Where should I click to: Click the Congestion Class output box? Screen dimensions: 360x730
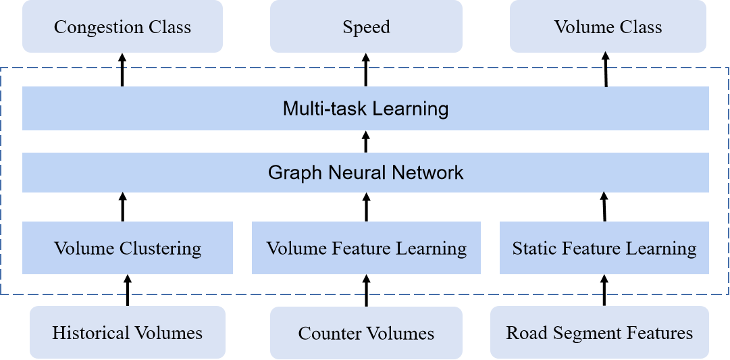click(x=122, y=27)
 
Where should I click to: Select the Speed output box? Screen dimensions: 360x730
click(x=366, y=27)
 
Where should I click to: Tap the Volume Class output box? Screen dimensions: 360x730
click(x=608, y=27)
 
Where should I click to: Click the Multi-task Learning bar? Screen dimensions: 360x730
click(x=365, y=108)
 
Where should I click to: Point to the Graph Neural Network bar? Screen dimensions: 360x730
click(x=365, y=172)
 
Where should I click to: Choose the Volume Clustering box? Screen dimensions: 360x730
click(x=128, y=248)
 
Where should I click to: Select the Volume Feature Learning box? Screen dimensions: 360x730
click(x=366, y=248)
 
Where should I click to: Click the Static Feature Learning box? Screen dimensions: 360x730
click(x=604, y=248)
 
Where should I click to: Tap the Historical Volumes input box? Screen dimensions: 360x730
click(x=127, y=332)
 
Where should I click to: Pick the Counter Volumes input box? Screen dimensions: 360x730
click(x=366, y=333)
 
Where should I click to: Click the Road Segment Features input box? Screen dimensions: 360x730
click(x=600, y=332)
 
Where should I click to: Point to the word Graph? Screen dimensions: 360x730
click(x=296, y=172)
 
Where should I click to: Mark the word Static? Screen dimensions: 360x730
click(x=533, y=248)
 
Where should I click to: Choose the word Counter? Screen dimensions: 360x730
click(x=325, y=333)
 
